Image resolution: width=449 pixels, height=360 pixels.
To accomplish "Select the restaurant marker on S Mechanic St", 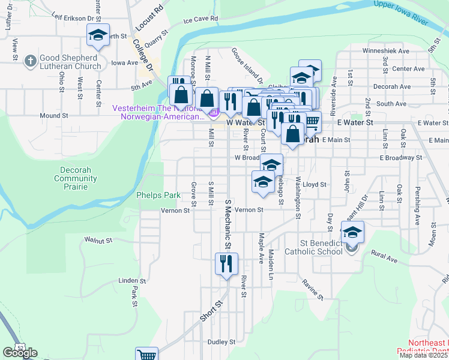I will click(x=227, y=264).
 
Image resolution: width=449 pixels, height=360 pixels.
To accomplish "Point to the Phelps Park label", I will click(x=158, y=195).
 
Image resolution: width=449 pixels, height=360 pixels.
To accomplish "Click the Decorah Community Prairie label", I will click(x=76, y=178).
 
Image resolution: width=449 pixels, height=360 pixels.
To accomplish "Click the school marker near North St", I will click(x=98, y=37).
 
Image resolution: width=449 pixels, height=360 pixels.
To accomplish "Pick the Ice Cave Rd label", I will click(x=200, y=20).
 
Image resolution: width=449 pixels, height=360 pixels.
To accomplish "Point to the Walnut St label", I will click(x=98, y=240).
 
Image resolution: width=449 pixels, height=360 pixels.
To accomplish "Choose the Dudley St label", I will click(x=221, y=342).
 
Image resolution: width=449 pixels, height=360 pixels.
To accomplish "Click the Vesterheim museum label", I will click(x=159, y=112).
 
